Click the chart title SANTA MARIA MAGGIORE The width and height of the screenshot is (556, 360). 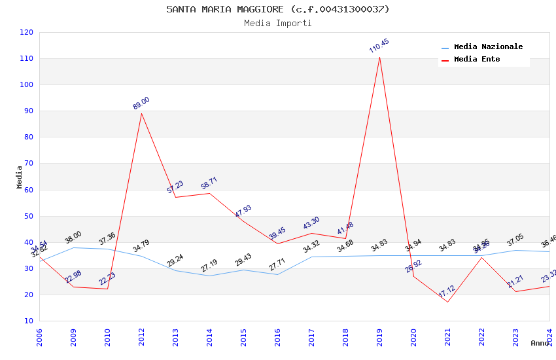[x=277, y=9]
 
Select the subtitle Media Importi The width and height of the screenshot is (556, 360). [x=277, y=23]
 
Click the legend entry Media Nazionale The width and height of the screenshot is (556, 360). [x=488, y=47]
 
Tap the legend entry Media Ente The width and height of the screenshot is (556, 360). [x=477, y=60]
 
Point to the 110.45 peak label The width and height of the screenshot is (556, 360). [x=379, y=46]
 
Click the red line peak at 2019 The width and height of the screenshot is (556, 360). [x=379, y=57]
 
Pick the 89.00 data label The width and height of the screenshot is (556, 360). [x=141, y=103]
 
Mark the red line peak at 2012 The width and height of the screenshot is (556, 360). [x=141, y=113]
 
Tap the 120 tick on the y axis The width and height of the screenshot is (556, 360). [x=27, y=32]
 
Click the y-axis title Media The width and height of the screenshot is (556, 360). [x=19, y=177]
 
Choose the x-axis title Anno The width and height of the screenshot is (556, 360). [x=540, y=343]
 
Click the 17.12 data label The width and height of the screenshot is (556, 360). [x=447, y=291]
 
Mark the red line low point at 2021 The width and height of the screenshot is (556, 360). [x=447, y=302]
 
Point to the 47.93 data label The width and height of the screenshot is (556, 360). [x=243, y=211]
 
